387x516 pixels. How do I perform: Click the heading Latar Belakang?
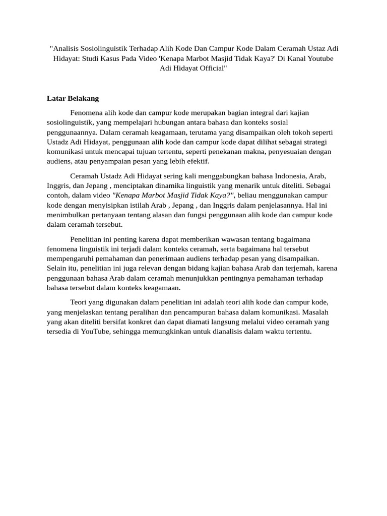pos(73,98)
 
